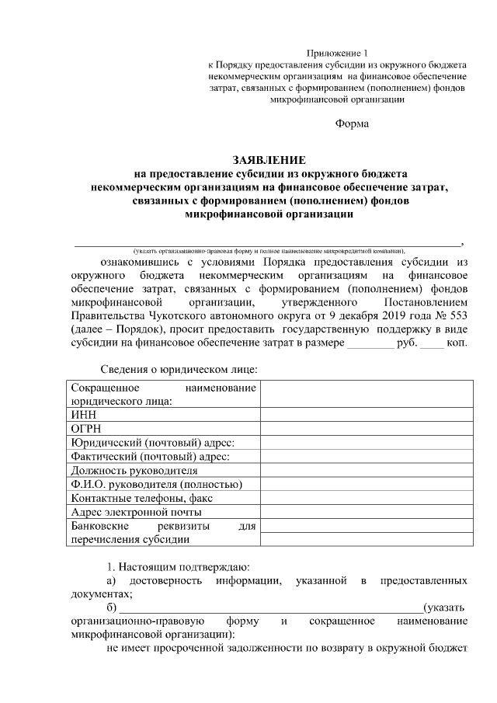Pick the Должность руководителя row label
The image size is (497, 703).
point(134,470)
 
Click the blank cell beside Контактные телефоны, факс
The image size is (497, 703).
point(364,498)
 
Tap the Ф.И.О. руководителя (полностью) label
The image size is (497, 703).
point(156,484)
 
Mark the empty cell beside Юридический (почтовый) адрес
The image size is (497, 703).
point(364,442)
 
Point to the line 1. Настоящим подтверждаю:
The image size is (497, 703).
point(178,567)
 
